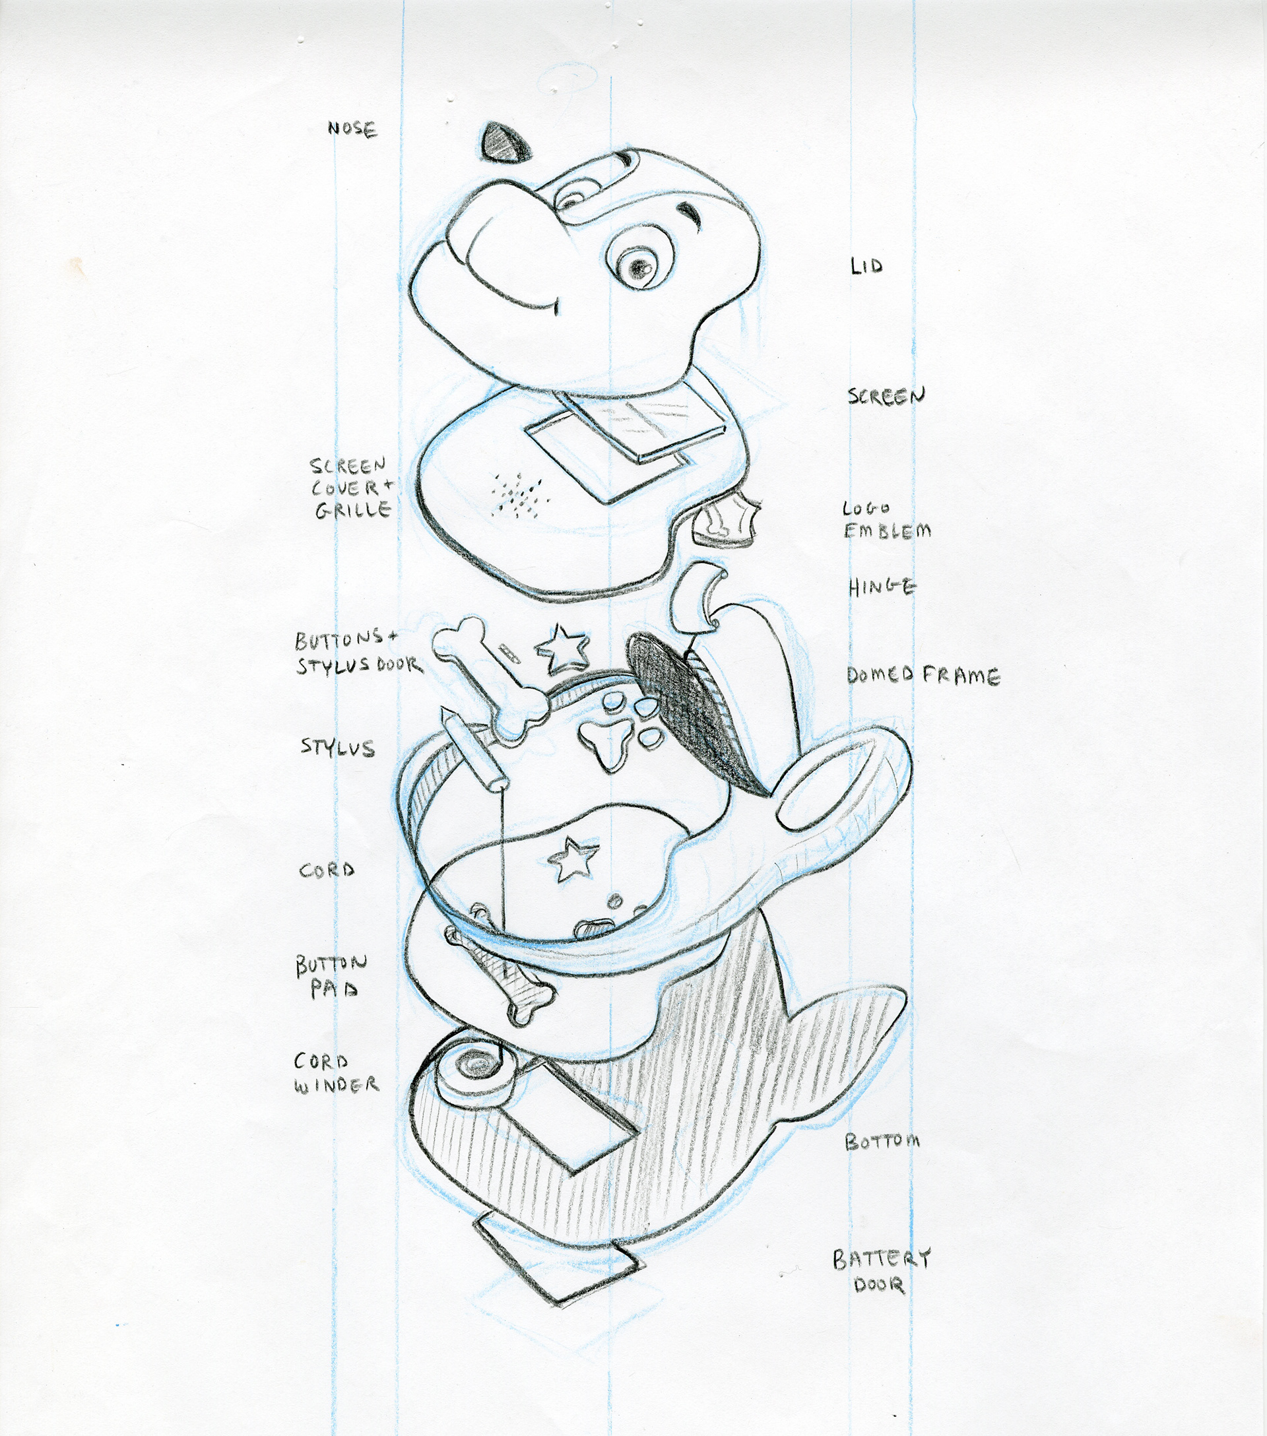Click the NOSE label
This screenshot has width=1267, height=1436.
click(x=352, y=129)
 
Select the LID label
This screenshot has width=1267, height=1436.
click(x=866, y=266)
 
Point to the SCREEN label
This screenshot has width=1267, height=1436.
click(x=886, y=396)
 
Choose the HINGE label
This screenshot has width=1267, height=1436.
click(x=882, y=587)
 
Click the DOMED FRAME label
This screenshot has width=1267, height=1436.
click(x=923, y=676)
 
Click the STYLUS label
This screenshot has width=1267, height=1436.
click(x=338, y=747)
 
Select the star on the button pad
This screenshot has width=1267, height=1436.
click(x=573, y=861)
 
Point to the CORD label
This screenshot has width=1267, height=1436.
click(x=327, y=870)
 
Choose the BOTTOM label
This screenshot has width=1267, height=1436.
click(x=882, y=1142)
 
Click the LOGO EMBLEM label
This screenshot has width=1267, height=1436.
click(x=886, y=521)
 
